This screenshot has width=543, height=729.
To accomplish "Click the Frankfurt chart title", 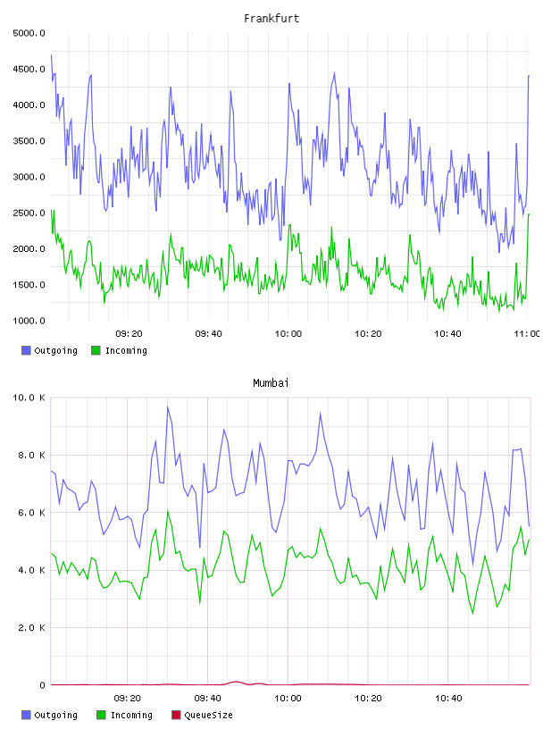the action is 271,19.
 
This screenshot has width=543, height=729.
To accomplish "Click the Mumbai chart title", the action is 271,383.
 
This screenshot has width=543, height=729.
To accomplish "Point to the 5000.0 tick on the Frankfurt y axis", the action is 29,33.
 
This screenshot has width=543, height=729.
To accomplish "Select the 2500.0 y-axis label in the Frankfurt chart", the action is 29,213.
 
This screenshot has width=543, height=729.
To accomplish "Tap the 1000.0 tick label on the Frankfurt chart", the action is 29,321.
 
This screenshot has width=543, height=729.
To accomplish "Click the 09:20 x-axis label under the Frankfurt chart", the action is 129,334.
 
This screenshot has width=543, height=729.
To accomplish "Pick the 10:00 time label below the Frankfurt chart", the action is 288,334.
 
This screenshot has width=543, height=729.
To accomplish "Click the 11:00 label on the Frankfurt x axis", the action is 527,334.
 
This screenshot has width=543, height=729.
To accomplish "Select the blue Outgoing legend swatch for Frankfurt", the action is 26,350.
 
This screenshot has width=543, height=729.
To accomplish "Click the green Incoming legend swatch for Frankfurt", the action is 96,350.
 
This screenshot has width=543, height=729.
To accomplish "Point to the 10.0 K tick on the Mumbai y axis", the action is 29,398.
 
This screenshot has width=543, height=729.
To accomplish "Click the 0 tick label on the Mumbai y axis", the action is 42,685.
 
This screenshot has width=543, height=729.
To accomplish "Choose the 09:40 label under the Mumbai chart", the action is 207,699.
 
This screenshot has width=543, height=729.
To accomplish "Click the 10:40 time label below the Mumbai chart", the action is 448,699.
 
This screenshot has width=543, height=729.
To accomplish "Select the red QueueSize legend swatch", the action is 176,715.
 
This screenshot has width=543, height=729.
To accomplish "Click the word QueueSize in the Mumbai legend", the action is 208,715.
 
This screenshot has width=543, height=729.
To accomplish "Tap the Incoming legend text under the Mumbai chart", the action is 131,715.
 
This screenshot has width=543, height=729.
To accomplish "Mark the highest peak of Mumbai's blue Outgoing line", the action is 168,407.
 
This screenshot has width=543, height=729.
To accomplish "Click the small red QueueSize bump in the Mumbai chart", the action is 236,682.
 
